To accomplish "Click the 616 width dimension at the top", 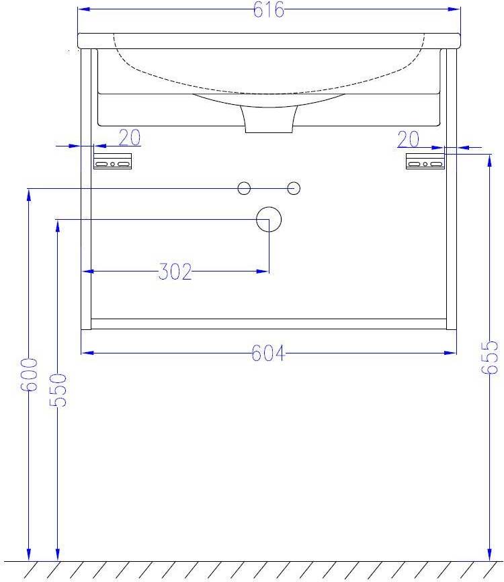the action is pos(269,9).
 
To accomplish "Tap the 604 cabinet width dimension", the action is pos(268,353).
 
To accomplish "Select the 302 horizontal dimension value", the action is pos(175,272).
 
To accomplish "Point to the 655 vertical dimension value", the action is pos(489,358).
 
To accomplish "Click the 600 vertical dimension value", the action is pos(29,374).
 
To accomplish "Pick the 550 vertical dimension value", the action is pos(58,390).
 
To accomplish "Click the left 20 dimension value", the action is pos(130,138).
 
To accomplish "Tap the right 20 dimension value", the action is pos(409,140).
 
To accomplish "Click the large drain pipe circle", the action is pos(269,219).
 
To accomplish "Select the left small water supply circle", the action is pos(244,188).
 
